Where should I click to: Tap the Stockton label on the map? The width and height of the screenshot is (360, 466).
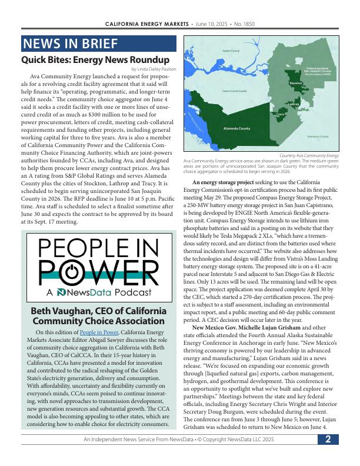295,84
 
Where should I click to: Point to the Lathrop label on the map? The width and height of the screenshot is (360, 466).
293,104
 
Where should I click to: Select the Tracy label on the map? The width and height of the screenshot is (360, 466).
280,114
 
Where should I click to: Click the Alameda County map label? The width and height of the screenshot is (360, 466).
236,128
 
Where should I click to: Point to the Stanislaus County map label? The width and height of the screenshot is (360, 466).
317,137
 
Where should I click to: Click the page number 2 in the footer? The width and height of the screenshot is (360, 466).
328,439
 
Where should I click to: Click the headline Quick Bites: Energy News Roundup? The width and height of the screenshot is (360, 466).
95,60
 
